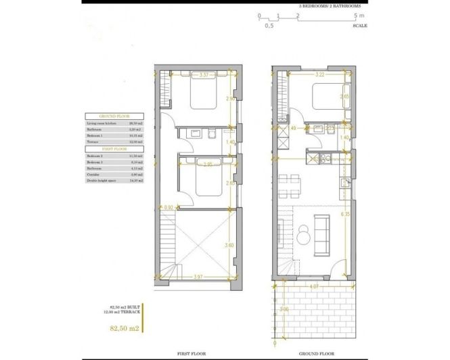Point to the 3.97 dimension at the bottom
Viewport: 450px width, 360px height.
pyautogui.click(x=197, y=276)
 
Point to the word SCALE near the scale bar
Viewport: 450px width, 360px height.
pyautogui.click(x=360, y=25)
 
